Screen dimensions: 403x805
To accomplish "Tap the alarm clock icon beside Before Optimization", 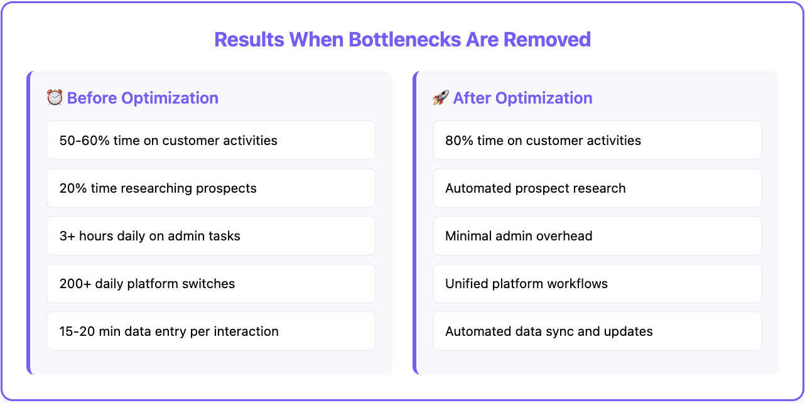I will point(55,97).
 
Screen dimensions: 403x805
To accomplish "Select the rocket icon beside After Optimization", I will point(440,97).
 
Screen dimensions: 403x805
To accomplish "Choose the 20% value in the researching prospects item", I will point(72,188).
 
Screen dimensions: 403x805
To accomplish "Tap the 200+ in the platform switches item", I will point(75,284).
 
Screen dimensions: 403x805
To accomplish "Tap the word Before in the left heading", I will point(92,98).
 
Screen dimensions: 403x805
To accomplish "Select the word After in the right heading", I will point(472,98).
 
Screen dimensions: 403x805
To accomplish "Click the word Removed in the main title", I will point(547,40).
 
